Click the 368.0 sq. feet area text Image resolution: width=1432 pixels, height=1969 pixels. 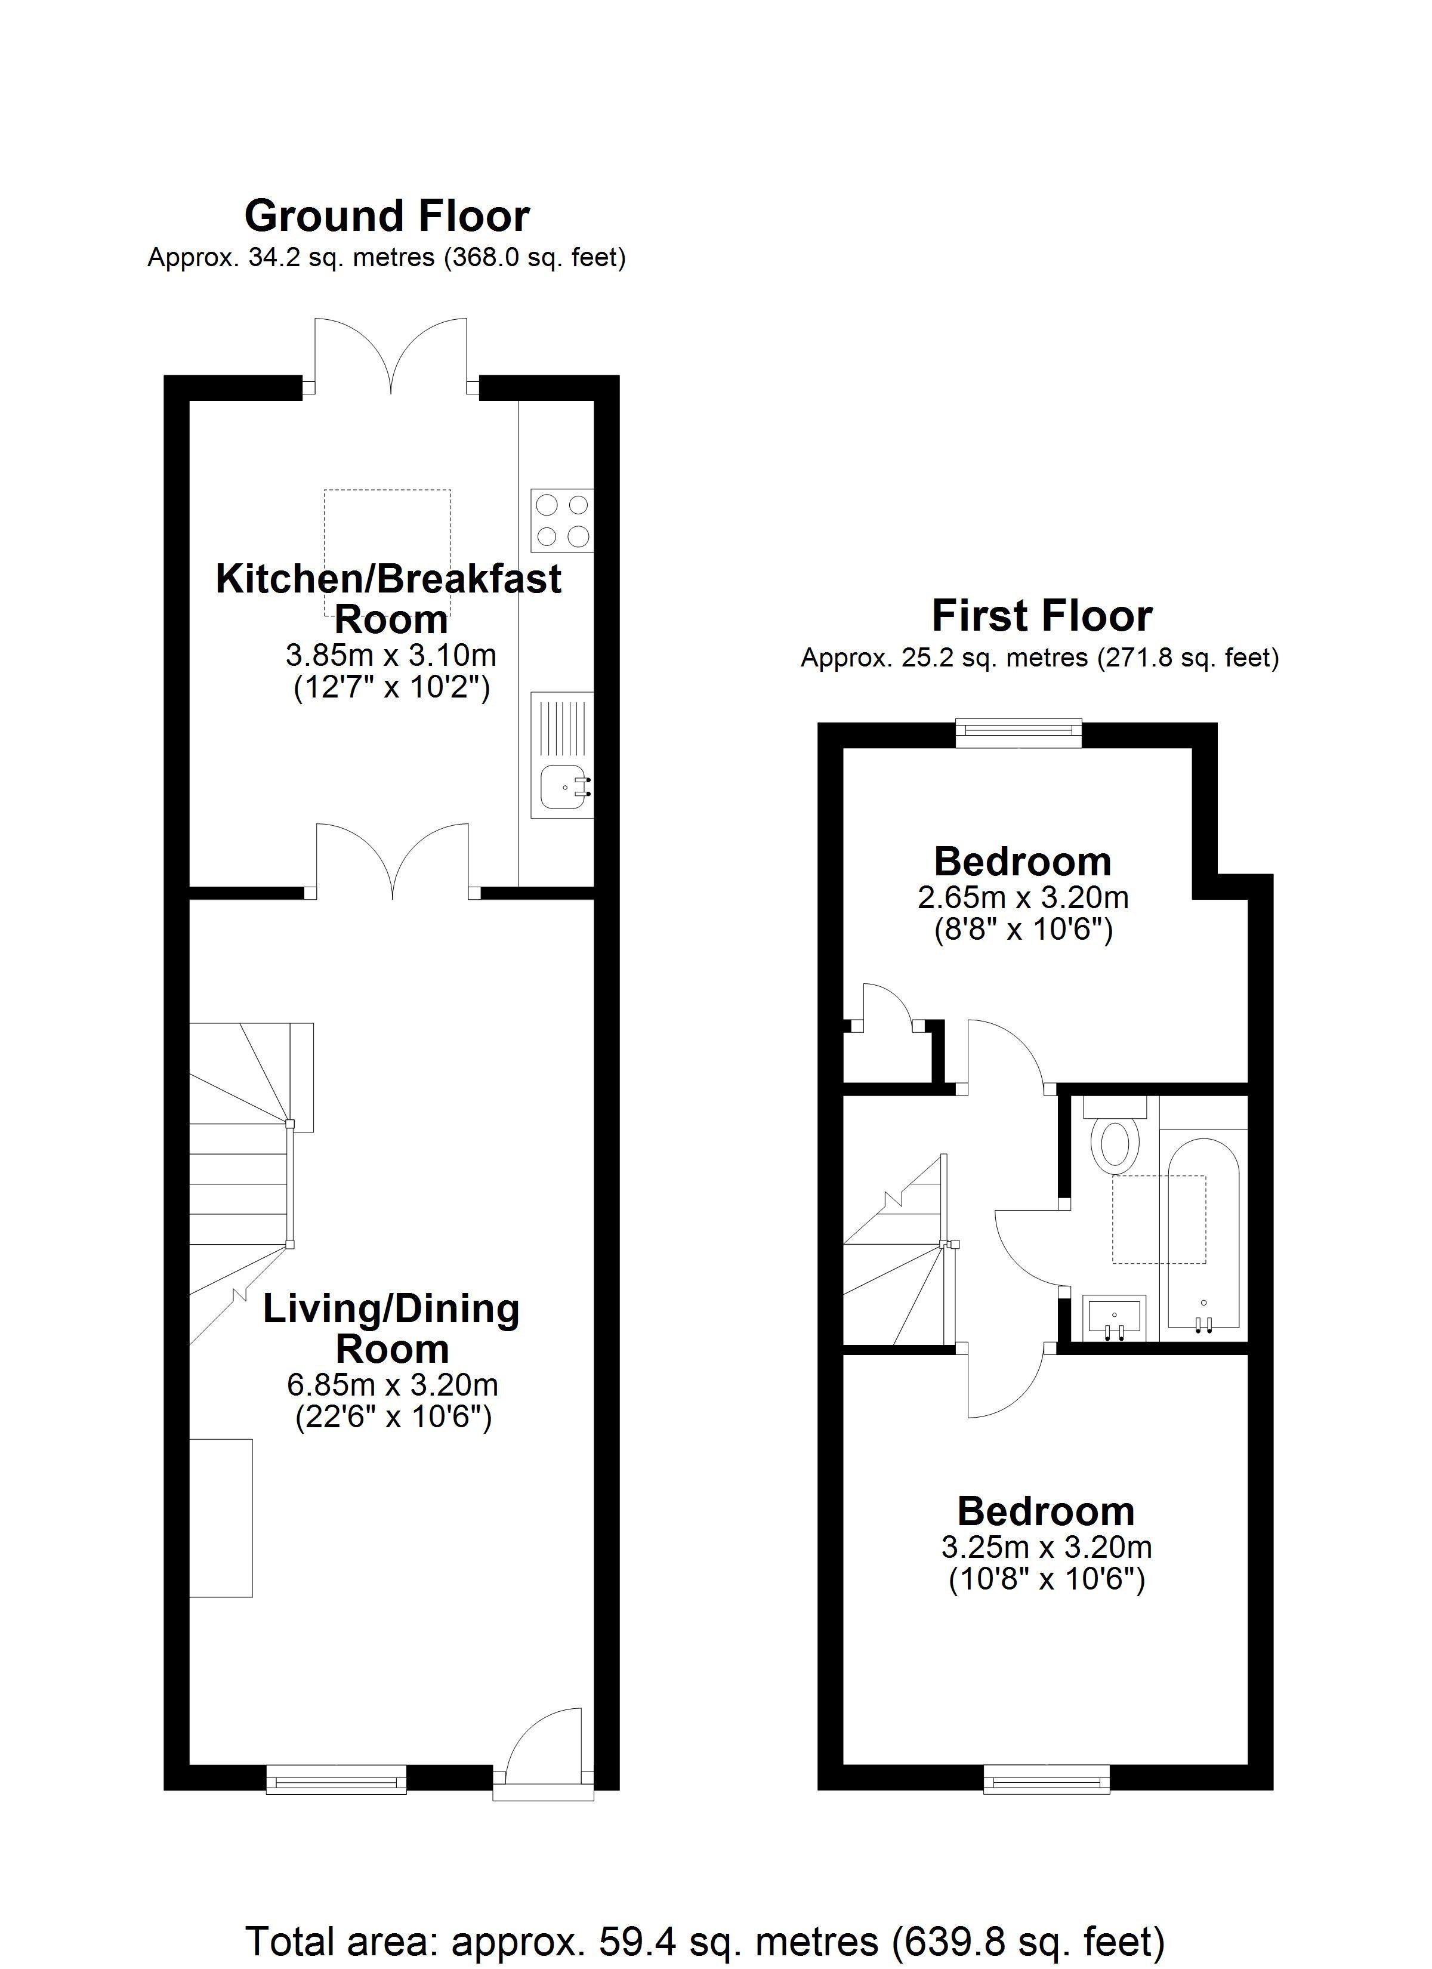click(x=535, y=258)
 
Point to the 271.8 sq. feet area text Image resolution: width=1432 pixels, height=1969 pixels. click(x=1188, y=658)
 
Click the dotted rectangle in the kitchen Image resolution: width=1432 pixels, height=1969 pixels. click(x=387, y=552)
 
